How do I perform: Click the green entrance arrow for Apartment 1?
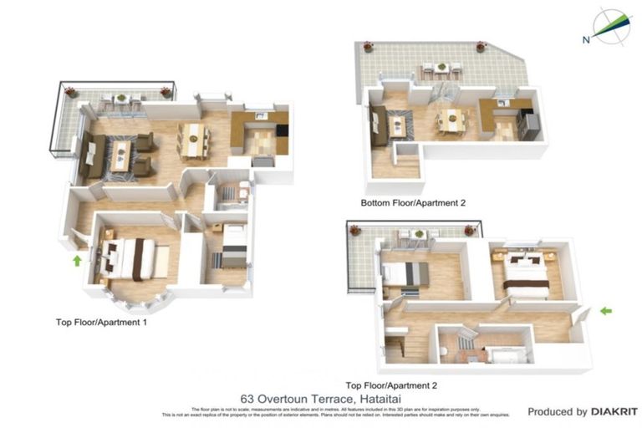tap(77, 260)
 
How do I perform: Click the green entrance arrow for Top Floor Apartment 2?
tap(606, 311)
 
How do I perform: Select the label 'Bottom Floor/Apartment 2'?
tap(412, 203)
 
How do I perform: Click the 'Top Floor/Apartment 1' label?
tap(101, 321)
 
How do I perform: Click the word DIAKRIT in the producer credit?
tap(614, 411)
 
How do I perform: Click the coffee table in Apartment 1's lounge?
tap(120, 155)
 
